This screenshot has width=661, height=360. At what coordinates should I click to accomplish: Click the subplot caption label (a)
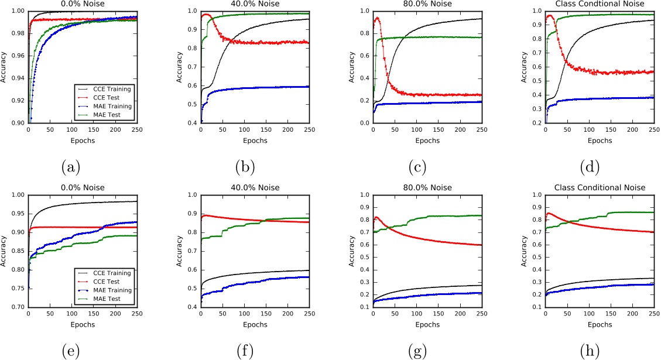tap(71, 167)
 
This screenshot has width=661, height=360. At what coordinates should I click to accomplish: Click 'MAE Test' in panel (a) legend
tap(110, 115)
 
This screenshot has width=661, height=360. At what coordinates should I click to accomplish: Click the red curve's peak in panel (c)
tap(377, 18)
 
